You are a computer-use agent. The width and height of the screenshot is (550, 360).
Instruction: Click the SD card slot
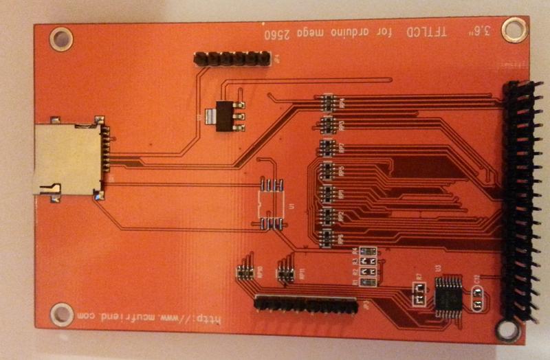pyautogui.click(x=65, y=160)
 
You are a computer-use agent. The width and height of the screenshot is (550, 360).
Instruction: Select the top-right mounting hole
pyautogui.click(x=512, y=29)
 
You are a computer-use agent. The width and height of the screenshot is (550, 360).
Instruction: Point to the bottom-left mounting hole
pyautogui.click(x=61, y=314)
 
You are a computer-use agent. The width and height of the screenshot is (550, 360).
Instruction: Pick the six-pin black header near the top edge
pyautogui.click(x=230, y=59)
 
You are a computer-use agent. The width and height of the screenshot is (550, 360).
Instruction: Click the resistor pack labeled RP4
pyautogui.click(x=328, y=102)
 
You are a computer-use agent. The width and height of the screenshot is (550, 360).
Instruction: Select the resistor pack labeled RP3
pyautogui.click(x=328, y=124)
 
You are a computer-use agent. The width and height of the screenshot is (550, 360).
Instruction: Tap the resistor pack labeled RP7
pyautogui.click(x=328, y=147)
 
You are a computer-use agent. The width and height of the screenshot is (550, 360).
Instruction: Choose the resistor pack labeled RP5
pyautogui.click(x=328, y=170)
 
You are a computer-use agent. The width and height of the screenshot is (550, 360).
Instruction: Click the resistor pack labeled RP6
pyautogui.click(x=328, y=238)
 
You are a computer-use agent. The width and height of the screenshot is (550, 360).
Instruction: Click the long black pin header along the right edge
pyautogui.click(x=520, y=199)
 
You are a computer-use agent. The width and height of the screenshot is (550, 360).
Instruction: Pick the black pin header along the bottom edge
pyautogui.click(x=306, y=305)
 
